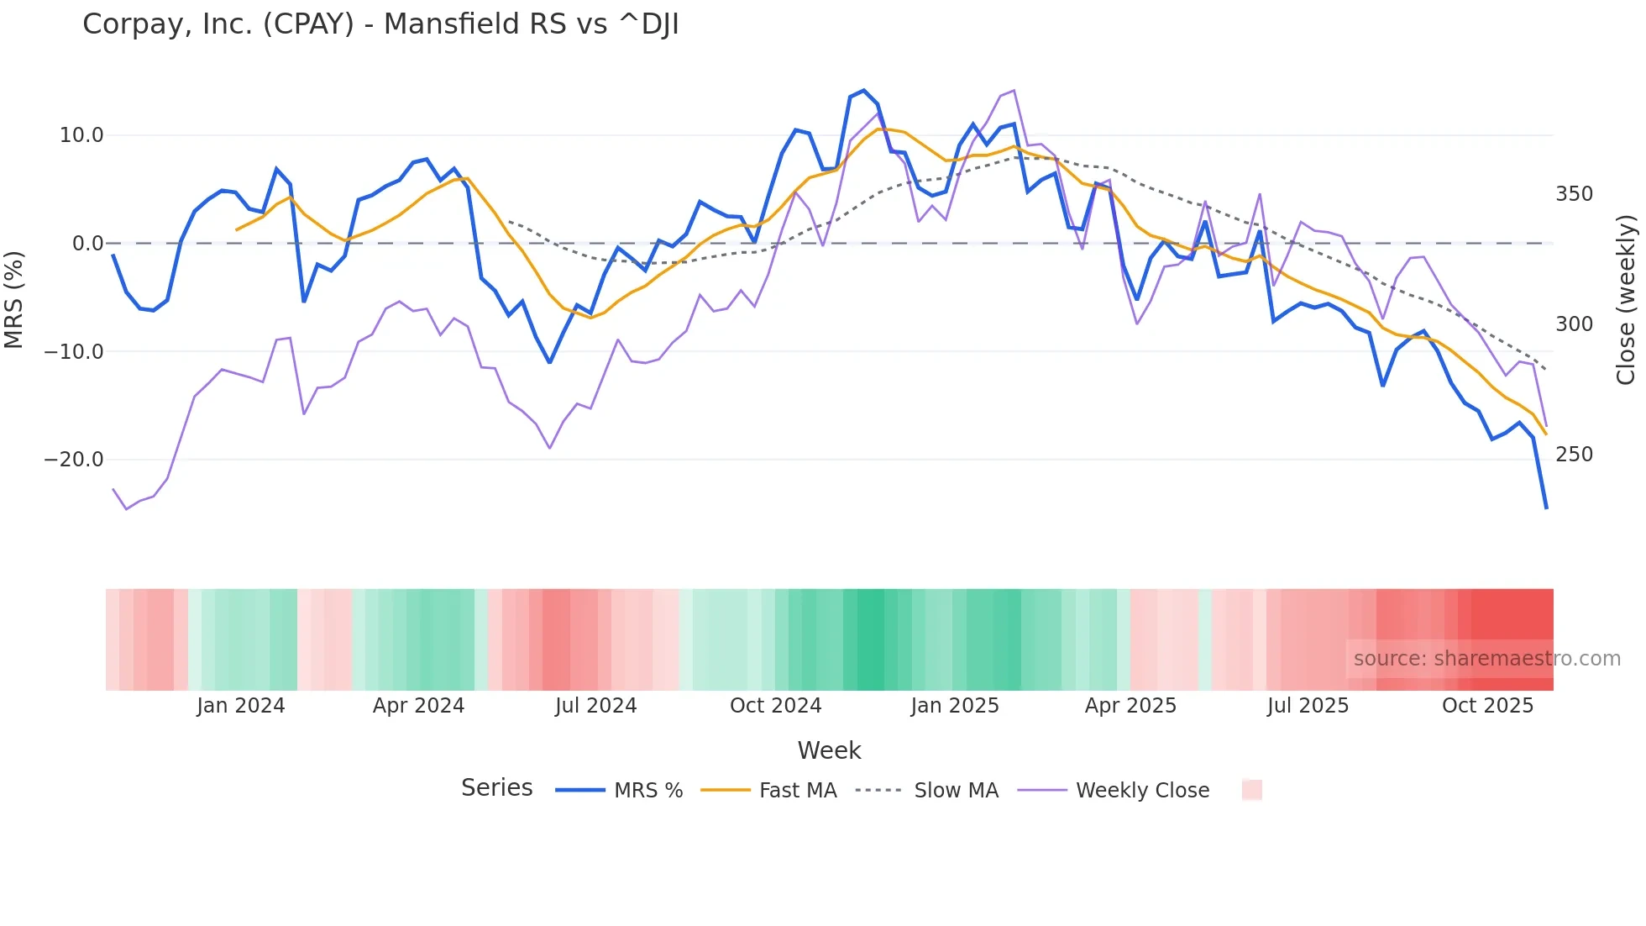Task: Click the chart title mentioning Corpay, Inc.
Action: point(380,24)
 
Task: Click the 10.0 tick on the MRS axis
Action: point(81,135)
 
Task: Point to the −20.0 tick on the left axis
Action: point(74,460)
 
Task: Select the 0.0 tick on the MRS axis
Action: point(87,244)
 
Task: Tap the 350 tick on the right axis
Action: point(1574,194)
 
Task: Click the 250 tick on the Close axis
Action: point(1574,455)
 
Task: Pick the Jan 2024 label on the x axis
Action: point(241,706)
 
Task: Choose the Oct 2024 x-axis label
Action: point(775,706)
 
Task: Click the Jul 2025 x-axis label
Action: point(1308,706)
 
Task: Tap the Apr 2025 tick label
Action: point(1130,706)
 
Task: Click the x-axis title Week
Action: point(829,750)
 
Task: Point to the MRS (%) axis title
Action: point(14,299)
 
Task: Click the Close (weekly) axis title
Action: point(1626,299)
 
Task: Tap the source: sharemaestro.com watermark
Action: point(1486,659)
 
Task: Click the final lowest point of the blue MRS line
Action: point(1546,508)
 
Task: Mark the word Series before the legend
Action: point(496,788)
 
